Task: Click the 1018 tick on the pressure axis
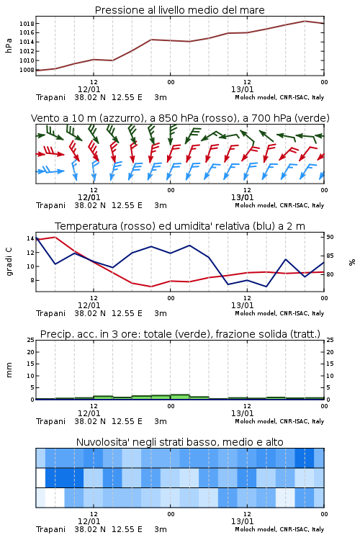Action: pyautogui.click(x=27, y=24)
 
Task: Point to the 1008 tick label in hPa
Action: pyautogui.click(x=27, y=70)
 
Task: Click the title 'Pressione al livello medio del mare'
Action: pyautogui.click(x=180, y=10)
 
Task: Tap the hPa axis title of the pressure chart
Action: pyautogui.click(x=9, y=45)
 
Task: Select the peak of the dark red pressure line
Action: pyautogui.click(x=305, y=21)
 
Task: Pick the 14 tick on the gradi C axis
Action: pyautogui.click(x=30, y=238)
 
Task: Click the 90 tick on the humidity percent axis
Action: pyautogui.click(x=330, y=237)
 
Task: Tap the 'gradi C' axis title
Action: pyautogui.click(x=9, y=262)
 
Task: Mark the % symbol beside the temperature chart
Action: pyautogui.click(x=352, y=262)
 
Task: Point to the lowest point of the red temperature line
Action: pyautogui.click(x=151, y=287)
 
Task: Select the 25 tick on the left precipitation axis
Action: pyautogui.click(x=30, y=340)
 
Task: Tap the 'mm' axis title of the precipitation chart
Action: pyautogui.click(x=9, y=370)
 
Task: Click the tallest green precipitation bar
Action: pyautogui.click(x=180, y=397)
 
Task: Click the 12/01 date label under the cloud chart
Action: pyautogui.click(x=89, y=521)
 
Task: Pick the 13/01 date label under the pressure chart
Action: pyautogui.click(x=242, y=89)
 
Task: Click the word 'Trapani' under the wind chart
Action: pyautogui.click(x=50, y=205)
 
